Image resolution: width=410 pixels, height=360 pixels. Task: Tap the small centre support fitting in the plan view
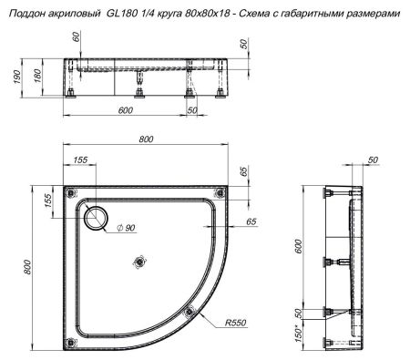[x=139, y=262]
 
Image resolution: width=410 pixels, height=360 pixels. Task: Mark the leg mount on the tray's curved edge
[x=190, y=312]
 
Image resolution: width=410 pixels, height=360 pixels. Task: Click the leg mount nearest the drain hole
[x=70, y=192]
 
